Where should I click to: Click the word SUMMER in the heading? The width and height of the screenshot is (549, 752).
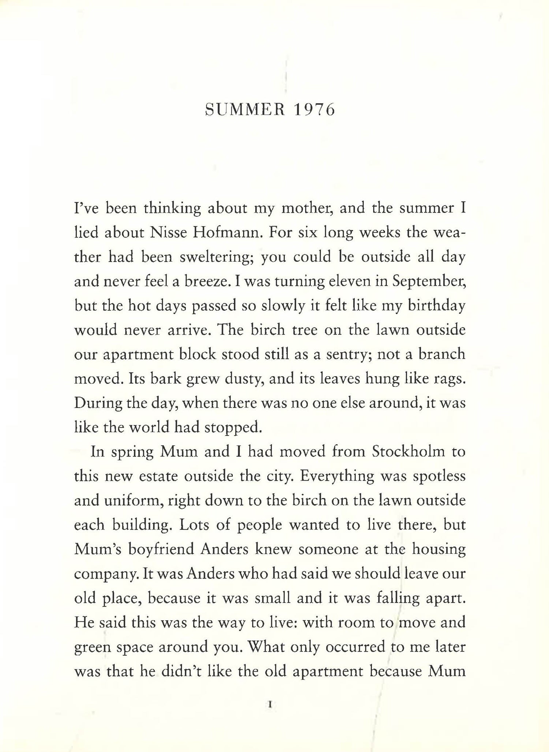(245, 110)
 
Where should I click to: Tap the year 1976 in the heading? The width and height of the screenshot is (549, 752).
(314, 110)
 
